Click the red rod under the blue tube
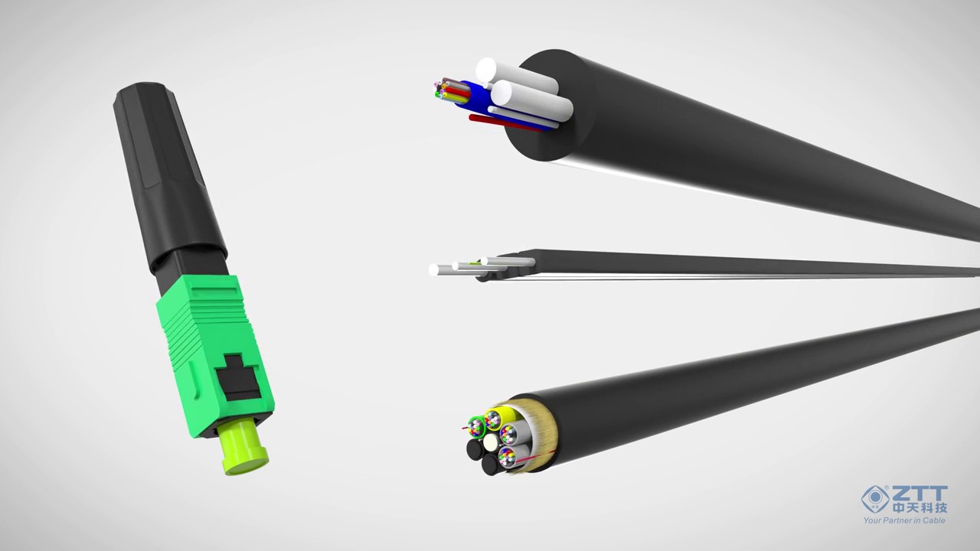click(498, 122)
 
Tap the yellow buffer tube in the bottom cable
click(508, 416)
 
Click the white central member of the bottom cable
click(491, 442)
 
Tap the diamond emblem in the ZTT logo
click(875, 499)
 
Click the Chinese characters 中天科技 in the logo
click(920, 507)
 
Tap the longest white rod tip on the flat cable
click(435, 269)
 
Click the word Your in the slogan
click(874, 520)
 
